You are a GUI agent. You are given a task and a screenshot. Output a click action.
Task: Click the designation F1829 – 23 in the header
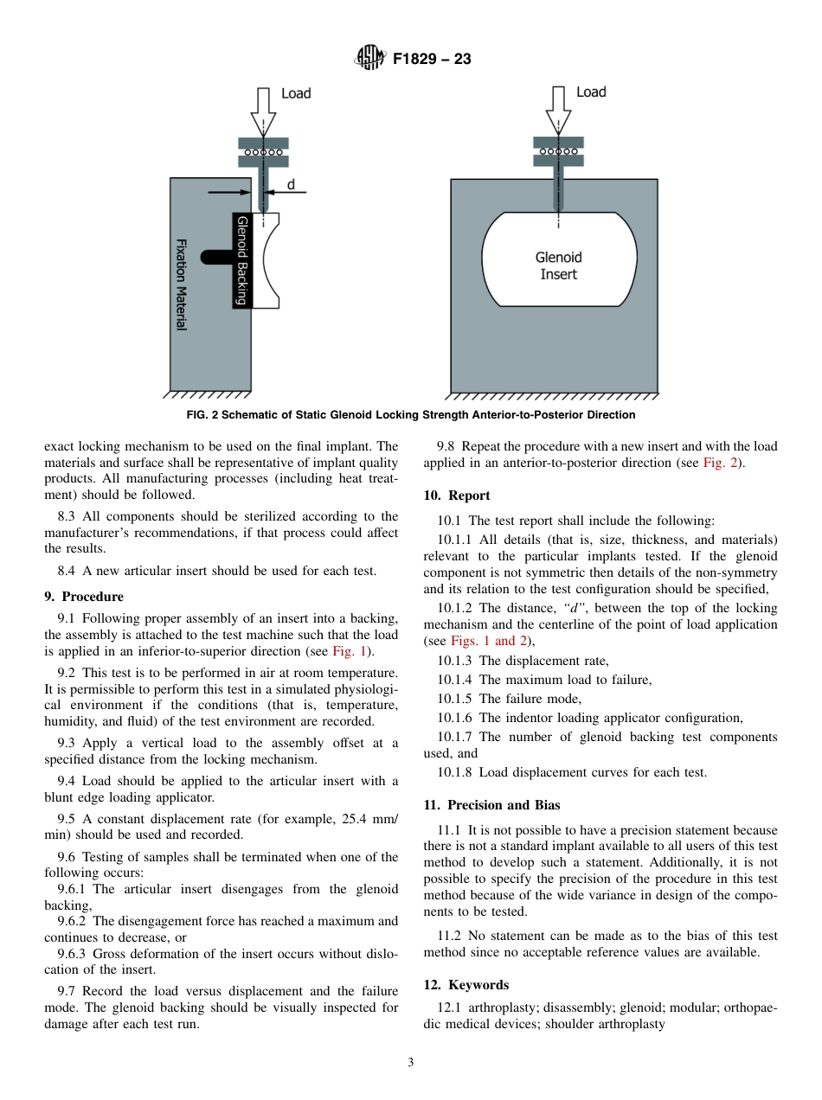point(432,60)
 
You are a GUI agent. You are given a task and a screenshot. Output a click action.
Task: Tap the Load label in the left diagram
point(296,93)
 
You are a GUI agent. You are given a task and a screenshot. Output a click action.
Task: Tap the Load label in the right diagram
point(591,93)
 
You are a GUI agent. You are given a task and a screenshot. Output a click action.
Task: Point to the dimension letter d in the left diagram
point(291,184)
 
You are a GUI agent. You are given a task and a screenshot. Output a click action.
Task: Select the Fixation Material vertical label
point(182,285)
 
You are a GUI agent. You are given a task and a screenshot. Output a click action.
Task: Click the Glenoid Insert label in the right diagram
point(559,265)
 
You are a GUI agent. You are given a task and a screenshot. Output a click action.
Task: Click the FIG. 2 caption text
point(411,415)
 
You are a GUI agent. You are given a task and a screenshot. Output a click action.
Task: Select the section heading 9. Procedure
point(84,597)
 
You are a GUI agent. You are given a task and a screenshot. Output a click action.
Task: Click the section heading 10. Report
point(457,496)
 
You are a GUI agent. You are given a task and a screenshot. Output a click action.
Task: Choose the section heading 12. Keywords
point(466,985)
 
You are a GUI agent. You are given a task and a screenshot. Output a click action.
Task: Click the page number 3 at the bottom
point(411,1063)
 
